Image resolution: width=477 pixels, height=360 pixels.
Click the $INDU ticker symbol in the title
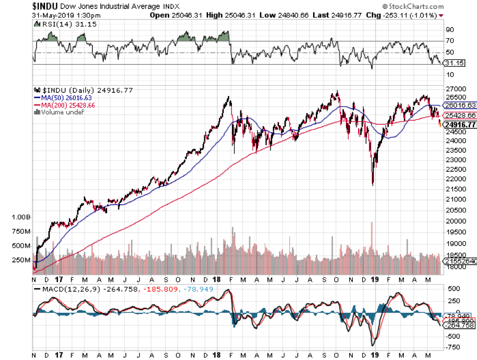click(x=16, y=6)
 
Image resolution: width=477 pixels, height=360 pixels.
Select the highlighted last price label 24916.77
click(x=459, y=125)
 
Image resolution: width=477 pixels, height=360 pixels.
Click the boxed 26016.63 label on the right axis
click(x=459, y=105)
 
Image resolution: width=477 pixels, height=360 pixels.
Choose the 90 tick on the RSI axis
click(x=449, y=30)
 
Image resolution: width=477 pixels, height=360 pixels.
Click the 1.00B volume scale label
click(x=20, y=217)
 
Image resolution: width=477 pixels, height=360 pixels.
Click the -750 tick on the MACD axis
click(x=454, y=347)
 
